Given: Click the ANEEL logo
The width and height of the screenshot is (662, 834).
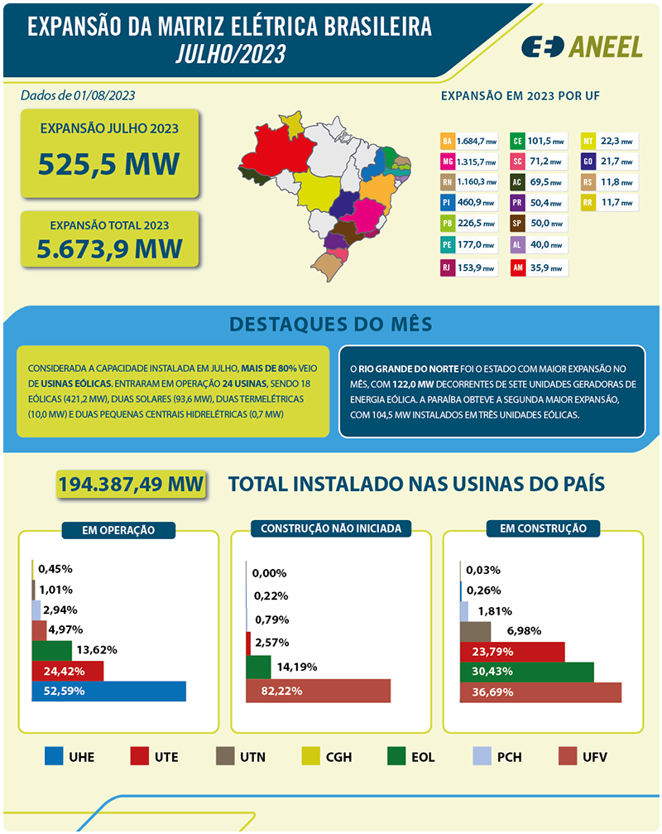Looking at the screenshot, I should [582, 47].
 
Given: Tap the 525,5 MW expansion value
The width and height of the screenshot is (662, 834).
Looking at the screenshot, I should [109, 164].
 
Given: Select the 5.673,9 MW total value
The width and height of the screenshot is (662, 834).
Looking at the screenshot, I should [109, 248].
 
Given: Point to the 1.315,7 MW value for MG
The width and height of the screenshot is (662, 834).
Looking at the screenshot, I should [477, 161].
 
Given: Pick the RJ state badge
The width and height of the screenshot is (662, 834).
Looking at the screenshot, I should [448, 268].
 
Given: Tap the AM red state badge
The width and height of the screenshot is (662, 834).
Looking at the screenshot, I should [517, 268].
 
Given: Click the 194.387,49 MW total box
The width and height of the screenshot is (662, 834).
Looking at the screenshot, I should [131, 484].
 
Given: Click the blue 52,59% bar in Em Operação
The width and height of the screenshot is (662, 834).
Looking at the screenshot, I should [108, 691].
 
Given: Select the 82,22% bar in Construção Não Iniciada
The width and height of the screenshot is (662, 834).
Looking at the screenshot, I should [319, 691].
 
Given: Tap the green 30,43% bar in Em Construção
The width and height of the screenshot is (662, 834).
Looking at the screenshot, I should [527, 672].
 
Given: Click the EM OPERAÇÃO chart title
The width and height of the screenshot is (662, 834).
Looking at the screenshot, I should [118, 530].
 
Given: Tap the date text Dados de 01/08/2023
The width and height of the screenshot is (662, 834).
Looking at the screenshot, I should [78, 95].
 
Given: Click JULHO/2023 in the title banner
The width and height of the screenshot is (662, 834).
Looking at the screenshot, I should [231, 54].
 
